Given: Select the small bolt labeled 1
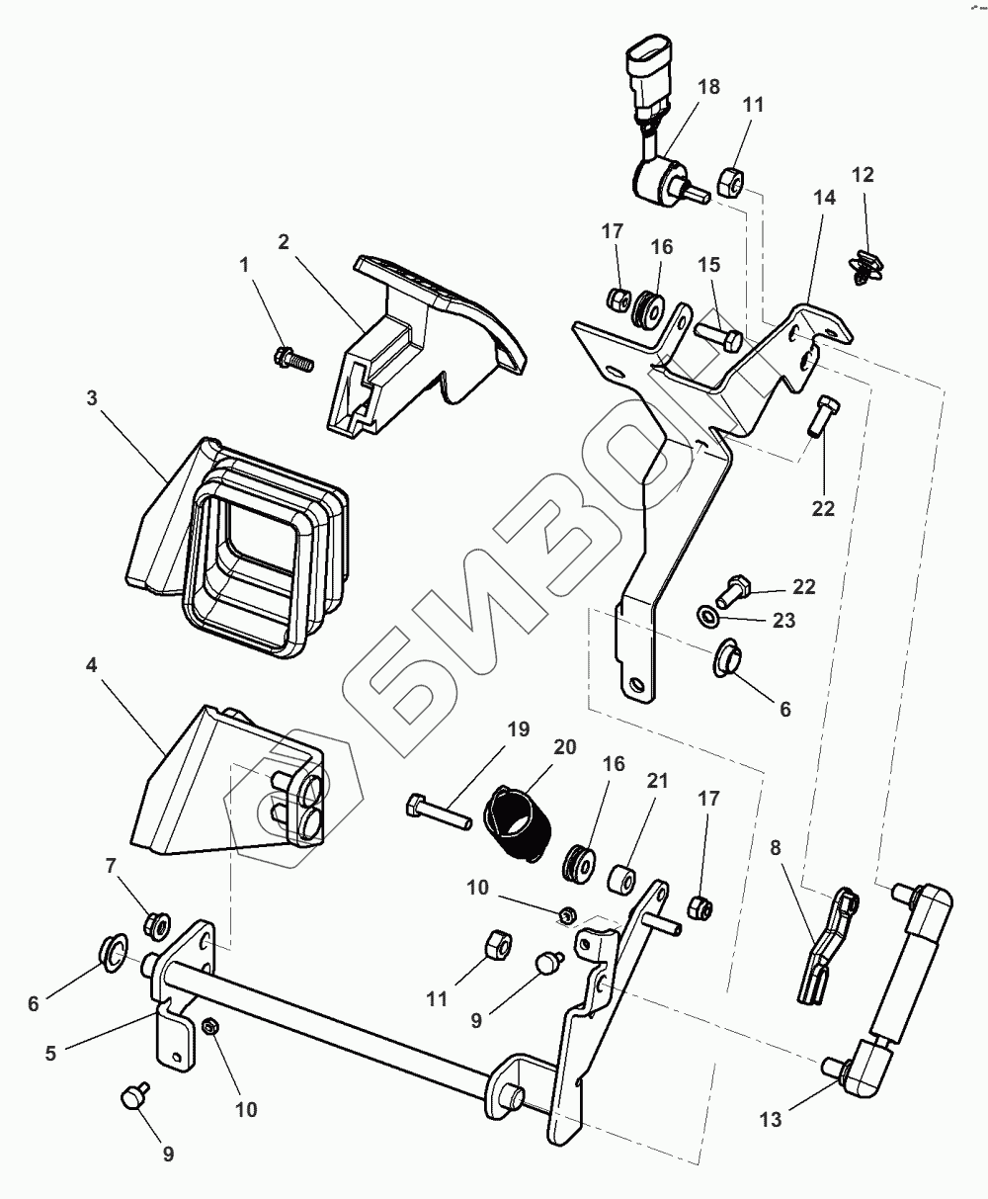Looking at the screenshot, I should point(293,358).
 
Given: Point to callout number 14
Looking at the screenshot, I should point(824,197).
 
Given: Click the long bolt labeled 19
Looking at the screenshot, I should point(439,808).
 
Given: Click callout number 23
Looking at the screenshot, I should point(783,622).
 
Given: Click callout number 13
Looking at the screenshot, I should point(770,1119).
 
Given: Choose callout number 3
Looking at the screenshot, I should point(91,398).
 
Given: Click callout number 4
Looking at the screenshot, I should point(91,665).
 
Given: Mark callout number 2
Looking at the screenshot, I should point(284,242).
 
